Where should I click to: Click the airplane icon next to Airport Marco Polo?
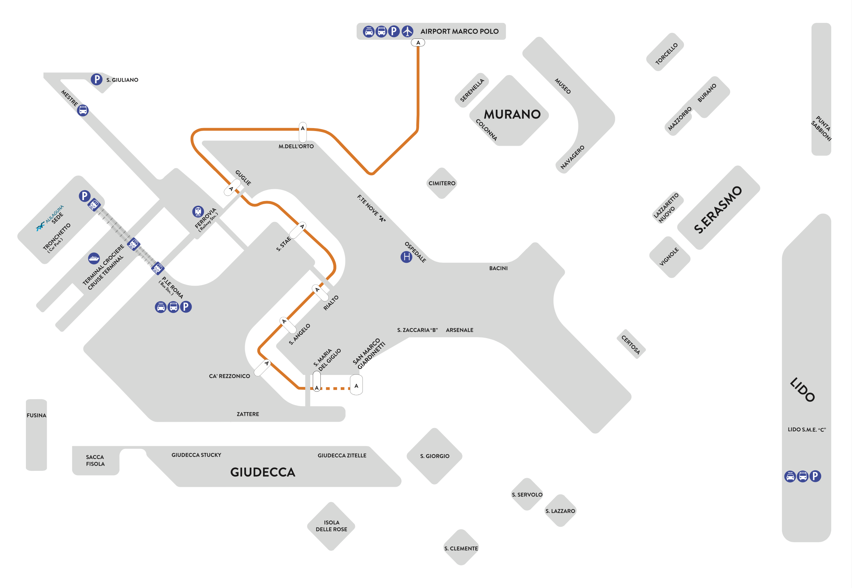pos(407,31)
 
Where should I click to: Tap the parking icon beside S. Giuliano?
pos(97,79)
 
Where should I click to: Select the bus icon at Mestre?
pos(83,110)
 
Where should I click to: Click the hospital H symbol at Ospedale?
pos(406,257)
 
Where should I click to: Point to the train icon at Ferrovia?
pos(198,211)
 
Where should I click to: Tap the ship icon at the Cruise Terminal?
pos(94,258)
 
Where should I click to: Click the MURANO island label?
pos(512,114)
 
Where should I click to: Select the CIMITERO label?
pos(442,183)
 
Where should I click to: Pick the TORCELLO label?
pos(666,54)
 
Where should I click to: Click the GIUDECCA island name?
pos(263,472)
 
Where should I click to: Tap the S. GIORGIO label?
pos(435,456)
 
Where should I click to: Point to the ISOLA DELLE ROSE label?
pos(331,526)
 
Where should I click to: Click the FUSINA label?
pos(37,415)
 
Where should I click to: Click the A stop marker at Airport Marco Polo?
pos(418,43)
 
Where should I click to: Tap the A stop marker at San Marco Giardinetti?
pos(356,385)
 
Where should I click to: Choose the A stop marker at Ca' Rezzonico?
pos(263,367)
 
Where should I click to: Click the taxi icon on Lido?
pos(790,477)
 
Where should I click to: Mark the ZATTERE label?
pos(248,414)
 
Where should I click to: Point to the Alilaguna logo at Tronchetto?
pos(40,227)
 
